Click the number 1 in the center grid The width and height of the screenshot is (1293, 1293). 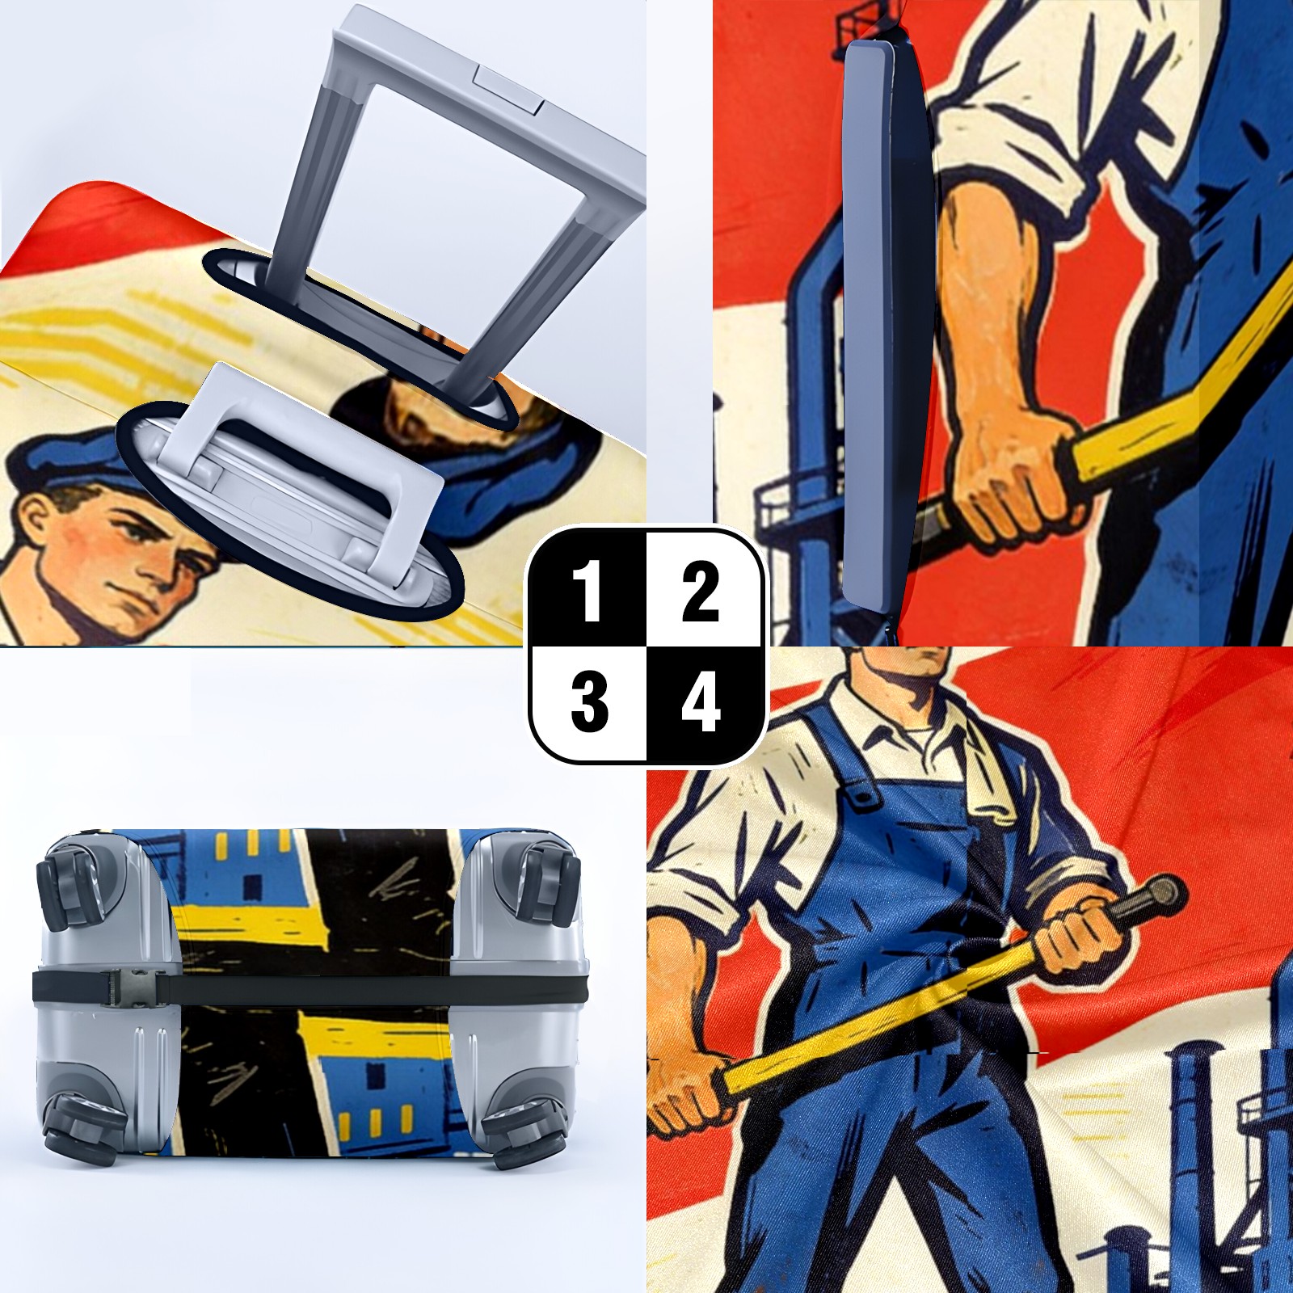tap(588, 592)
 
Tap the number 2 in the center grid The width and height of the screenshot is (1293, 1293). tap(701, 592)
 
